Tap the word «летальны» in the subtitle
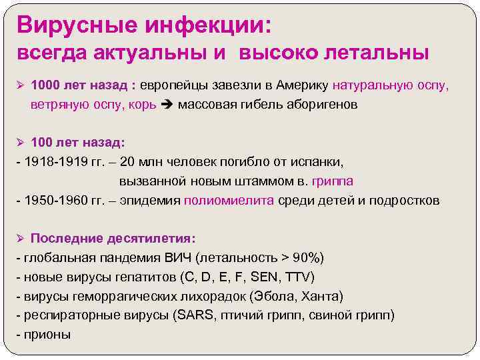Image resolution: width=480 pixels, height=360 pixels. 374,53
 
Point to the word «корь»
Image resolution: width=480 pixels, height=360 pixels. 143,105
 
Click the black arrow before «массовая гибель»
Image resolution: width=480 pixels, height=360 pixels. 167,105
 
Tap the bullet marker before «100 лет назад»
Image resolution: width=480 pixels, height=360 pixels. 21,143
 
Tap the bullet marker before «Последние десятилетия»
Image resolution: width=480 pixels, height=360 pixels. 21,239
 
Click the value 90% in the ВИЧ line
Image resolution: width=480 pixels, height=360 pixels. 308,258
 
